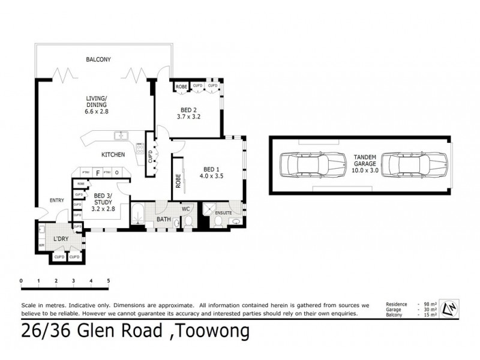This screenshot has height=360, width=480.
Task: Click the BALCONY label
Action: click(99, 59)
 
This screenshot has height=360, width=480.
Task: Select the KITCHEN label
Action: click(113, 155)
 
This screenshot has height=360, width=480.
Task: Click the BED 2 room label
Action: click(189, 113)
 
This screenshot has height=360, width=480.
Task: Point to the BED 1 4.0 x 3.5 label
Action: click(211, 172)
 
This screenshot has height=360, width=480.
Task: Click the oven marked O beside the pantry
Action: click(117, 173)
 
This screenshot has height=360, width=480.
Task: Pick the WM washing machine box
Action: click(41, 245)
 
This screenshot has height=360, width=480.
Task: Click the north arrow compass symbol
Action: click(449, 309)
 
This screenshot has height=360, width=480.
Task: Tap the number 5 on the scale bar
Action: click(109, 280)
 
